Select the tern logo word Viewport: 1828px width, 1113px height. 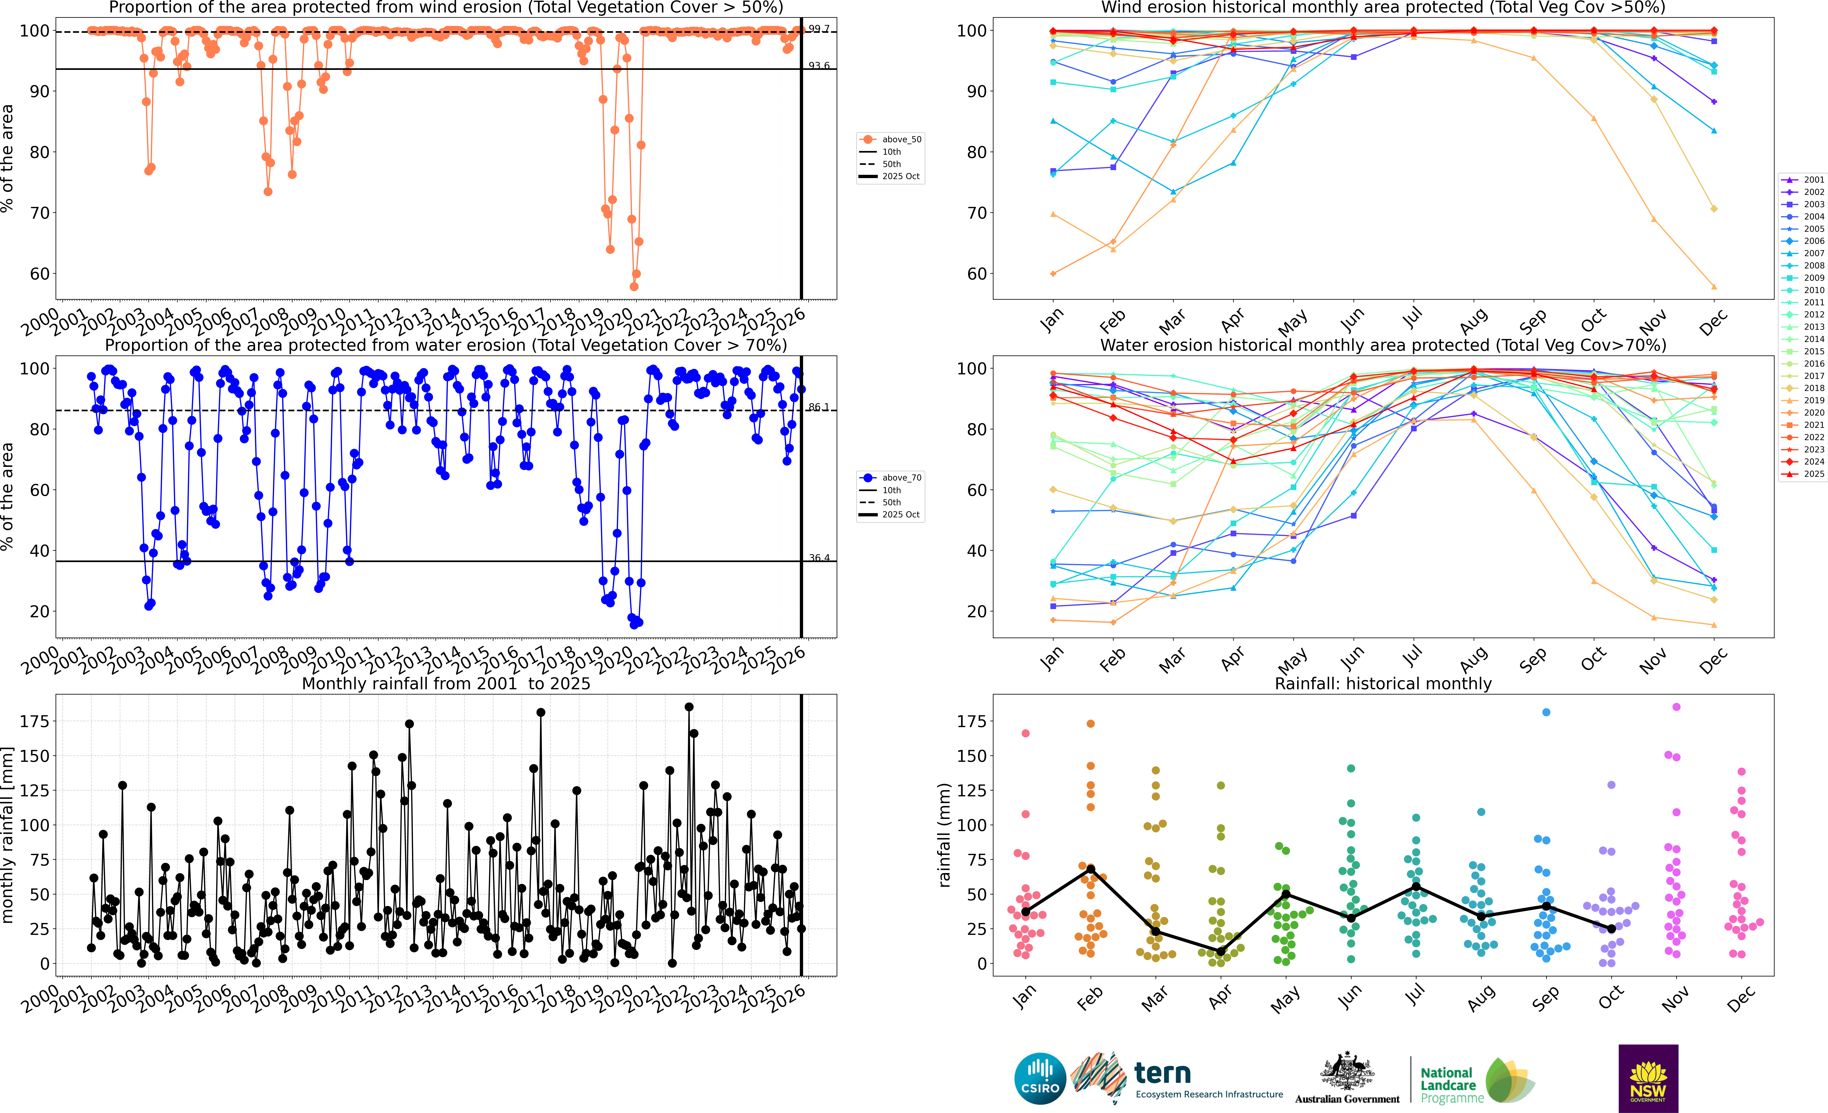click(1163, 1073)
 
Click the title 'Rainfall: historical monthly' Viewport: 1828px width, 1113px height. click(1383, 683)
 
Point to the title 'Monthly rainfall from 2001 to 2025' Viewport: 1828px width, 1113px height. click(446, 683)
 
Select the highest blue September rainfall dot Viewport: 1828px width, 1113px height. click(1546, 712)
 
